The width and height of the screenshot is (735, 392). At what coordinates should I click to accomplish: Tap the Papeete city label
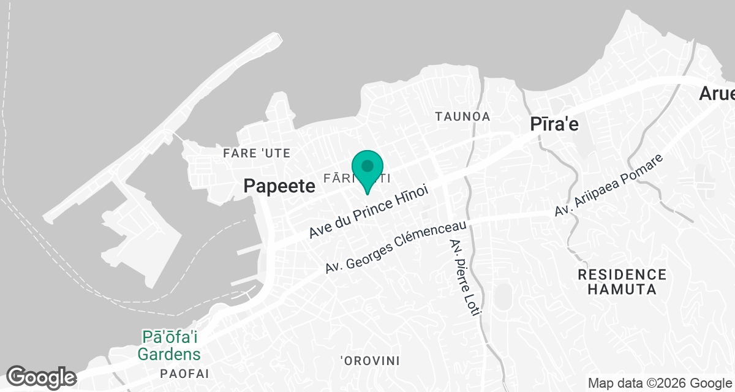click(279, 186)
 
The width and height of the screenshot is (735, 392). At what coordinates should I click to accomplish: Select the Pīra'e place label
click(554, 124)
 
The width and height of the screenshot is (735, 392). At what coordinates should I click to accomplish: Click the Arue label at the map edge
click(717, 94)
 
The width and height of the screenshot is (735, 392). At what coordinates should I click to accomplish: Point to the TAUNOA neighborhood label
click(462, 116)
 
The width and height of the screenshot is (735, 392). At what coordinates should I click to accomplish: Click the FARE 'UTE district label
click(257, 153)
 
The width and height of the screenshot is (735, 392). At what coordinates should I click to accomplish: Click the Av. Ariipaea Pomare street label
click(609, 185)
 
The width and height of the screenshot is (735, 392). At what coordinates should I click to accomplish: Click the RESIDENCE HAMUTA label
click(622, 282)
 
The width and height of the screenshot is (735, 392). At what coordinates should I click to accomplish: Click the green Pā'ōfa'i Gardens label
click(169, 345)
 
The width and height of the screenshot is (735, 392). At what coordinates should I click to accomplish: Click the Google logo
click(41, 377)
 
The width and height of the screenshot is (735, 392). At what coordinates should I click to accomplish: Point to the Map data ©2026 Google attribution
click(659, 383)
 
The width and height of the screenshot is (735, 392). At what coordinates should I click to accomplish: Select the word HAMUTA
click(622, 289)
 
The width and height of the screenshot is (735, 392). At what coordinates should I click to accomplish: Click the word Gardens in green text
click(169, 353)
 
